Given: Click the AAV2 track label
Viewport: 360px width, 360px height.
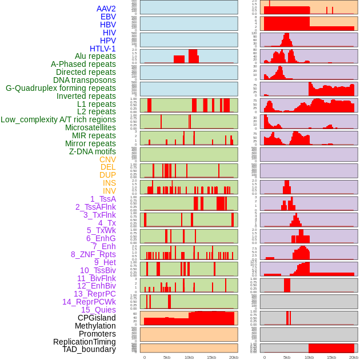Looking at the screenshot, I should [x=106, y=9].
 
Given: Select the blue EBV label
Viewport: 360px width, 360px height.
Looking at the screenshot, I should [x=107, y=17].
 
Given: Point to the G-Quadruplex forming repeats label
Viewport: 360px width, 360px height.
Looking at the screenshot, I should [x=61, y=88].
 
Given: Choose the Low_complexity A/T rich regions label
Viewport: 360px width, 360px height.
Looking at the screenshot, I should [x=58, y=119].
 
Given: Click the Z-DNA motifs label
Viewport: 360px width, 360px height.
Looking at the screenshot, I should [x=92, y=151].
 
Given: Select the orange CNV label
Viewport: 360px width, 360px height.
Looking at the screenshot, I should [x=107, y=159].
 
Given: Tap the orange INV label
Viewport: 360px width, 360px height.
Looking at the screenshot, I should [x=109, y=191].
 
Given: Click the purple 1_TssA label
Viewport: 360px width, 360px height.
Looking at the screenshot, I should [x=103, y=199].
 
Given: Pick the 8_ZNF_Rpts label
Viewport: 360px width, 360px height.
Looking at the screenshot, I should [x=93, y=254].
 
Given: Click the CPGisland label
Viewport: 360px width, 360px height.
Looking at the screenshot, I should [x=97, y=318].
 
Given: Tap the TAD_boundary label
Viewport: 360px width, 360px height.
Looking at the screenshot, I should [x=89, y=349].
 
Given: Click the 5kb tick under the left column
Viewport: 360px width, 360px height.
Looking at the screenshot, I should [x=167, y=357].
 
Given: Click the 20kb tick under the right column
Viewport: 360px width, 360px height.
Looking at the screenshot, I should [x=354, y=357].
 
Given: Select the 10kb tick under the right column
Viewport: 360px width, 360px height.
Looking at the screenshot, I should [x=309, y=357].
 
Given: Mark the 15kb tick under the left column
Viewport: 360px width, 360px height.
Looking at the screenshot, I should [x=211, y=357].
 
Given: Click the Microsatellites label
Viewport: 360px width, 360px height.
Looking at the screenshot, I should [x=90, y=127].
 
